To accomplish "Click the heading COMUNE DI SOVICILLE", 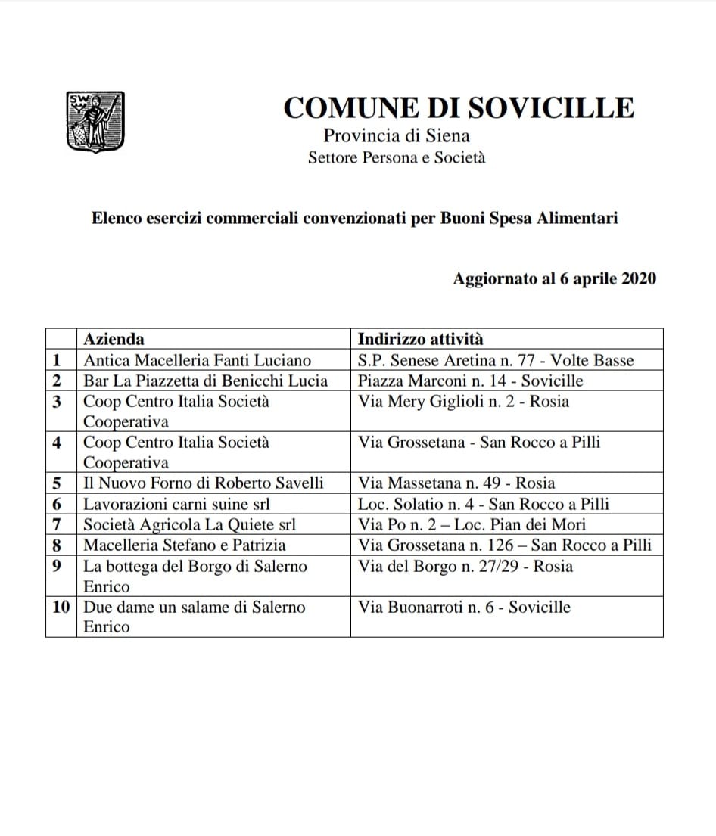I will click(458, 108).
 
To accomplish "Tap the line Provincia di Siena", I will click(397, 136).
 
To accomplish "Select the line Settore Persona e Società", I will click(397, 158).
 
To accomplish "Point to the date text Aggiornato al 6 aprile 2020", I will click(554, 278).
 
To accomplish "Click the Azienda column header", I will click(114, 339).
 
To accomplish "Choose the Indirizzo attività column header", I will click(420, 339).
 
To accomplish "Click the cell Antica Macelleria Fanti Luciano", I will click(197, 360).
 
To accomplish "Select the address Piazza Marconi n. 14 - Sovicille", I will click(470, 381).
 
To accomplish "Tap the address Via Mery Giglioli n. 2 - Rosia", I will click(463, 401).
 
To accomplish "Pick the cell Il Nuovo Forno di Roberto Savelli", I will click(203, 483).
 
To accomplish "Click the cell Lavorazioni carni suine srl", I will click(176, 504).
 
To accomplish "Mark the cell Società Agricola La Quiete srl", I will click(189, 524).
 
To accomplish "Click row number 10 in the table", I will click(61, 607).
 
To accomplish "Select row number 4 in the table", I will click(57, 442).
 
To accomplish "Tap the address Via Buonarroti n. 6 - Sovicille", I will click(464, 607).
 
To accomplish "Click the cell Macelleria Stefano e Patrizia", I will click(185, 545).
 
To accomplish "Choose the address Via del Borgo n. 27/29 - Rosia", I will click(465, 566).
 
